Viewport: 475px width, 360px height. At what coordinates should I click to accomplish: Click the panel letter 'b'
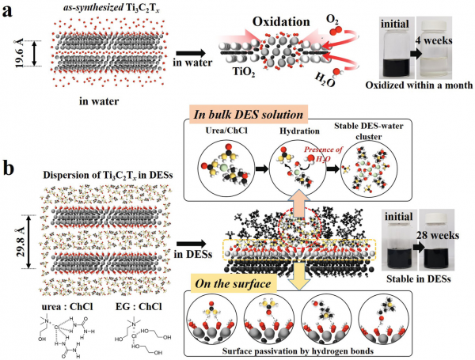coord(9,169)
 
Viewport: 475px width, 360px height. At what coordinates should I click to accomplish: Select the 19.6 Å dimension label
coord(19,53)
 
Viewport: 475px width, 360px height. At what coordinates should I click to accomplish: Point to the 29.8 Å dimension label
coord(21,242)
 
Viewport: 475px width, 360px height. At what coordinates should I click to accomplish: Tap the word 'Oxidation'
coord(281,22)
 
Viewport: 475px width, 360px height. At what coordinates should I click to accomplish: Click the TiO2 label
coord(244,72)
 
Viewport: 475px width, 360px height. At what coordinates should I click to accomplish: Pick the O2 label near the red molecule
coord(332,20)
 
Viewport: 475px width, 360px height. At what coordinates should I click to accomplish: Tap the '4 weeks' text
coord(434,40)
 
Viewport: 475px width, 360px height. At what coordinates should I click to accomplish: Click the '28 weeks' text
coord(438,235)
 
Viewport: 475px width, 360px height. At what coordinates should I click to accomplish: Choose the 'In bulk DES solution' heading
coord(248,115)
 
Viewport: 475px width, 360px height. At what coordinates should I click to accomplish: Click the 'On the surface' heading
coord(233,284)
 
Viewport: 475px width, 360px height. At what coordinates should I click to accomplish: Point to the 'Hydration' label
coord(299,131)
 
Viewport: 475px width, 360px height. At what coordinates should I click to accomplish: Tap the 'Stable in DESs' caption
coord(418,279)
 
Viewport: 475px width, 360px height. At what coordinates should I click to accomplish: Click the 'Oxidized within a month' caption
coord(419,85)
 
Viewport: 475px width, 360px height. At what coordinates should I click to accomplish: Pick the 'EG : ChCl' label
coord(139,307)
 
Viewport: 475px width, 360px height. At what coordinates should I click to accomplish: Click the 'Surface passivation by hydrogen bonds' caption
coord(298,351)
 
